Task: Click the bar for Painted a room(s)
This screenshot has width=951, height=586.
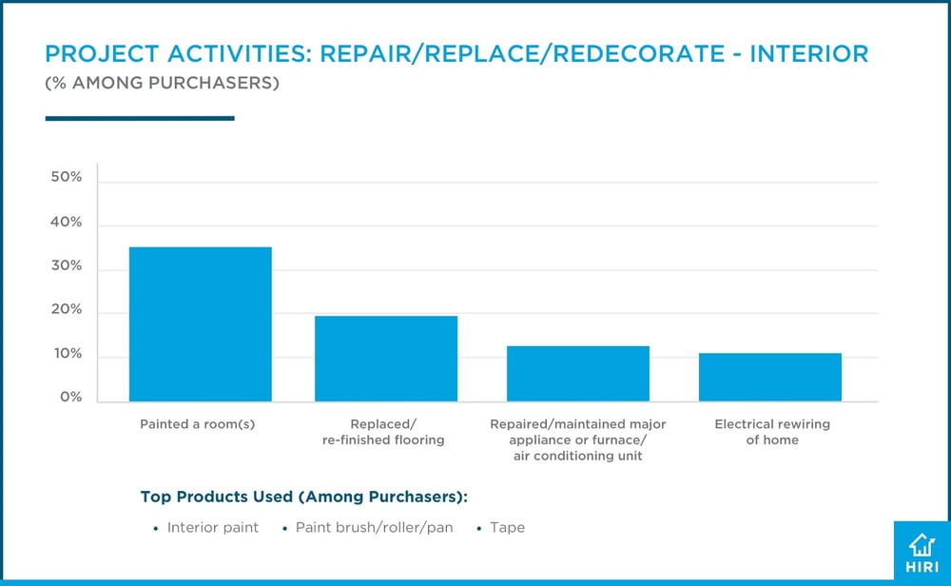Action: pos(201,323)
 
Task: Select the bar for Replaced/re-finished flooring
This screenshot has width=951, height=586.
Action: pos(386,359)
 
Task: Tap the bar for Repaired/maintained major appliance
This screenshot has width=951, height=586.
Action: pos(578,373)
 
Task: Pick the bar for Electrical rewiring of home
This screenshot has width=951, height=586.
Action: pos(770,377)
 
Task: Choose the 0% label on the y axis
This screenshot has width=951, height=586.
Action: pos(69,398)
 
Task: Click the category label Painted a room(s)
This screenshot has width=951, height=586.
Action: pos(197,424)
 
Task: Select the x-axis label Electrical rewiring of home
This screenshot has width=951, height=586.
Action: pos(772,432)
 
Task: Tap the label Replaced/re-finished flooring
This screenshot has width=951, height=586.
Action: pos(384,432)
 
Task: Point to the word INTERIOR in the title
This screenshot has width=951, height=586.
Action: pos(808,54)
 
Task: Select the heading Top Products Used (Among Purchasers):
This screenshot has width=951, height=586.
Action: pos(304,496)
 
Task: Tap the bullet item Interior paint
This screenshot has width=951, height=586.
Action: pos(212,527)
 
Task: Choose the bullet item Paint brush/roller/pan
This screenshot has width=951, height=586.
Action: pos(374,527)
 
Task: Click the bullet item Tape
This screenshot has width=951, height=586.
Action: pos(507,527)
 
